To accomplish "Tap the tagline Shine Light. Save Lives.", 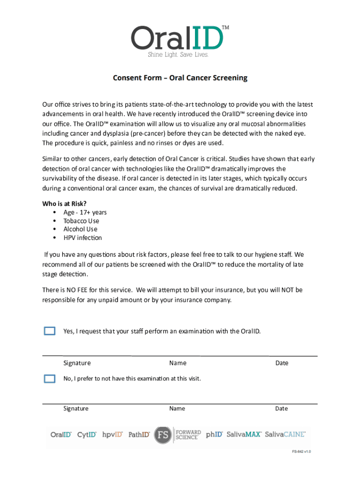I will [x=178, y=55].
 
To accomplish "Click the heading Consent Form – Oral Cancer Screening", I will [x=180, y=78].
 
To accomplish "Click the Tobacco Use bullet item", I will [x=81, y=221].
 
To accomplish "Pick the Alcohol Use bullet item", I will [x=80, y=229].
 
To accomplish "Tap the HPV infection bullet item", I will [x=83, y=238].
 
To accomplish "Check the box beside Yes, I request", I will [x=50, y=331].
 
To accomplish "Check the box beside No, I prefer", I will [x=50, y=378].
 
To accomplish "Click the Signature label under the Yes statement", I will [x=77, y=363].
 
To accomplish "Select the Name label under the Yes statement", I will [x=178, y=363].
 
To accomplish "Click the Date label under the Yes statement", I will [x=282, y=363].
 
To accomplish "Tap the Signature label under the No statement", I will [x=76, y=408].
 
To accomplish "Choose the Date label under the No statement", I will [x=281, y=408].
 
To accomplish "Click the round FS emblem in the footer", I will [x=163, y=435].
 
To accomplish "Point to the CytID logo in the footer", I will [x=87, y=435].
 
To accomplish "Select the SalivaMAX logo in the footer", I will [x=244, y=435].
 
